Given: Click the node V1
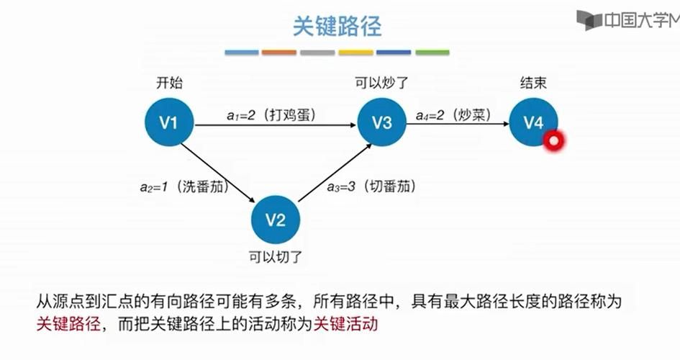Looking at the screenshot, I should click(x=168, y=122).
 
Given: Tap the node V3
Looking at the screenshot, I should click(x=381, y=122).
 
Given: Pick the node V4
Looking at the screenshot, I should click(x=533, y=122).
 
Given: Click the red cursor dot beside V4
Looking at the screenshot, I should click(x=553, y=141).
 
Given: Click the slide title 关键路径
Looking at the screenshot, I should click(x=337, y=27).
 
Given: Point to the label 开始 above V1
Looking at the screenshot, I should click(x=169, y=83).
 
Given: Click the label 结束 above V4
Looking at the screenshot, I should click(x=533, y=83).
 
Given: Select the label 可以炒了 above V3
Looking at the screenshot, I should click(x=381, y=83).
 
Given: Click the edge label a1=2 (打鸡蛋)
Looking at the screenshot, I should click(x=271, y=114).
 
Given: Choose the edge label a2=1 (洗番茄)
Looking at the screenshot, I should click(x=183, y=187).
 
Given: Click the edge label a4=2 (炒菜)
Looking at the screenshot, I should click(x=453, y=114).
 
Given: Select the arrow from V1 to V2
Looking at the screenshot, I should click(x=219, y=171).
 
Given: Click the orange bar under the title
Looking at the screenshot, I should click(x=279, y=53).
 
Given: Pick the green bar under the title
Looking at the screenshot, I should click(x=432, y=53).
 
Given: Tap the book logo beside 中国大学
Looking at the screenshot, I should click(x=588, y=20).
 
